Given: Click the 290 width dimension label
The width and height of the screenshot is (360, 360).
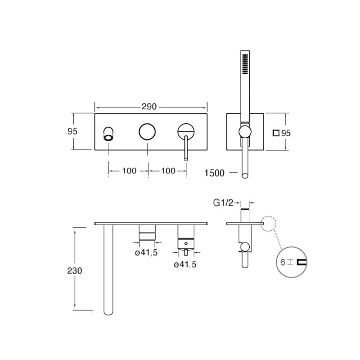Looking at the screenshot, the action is pyautogui.click(x=149, y=107).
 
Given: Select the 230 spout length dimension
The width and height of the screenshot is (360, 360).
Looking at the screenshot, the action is pyautogui.click(x=74, y=271).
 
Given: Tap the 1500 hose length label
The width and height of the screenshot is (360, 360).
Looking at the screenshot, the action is pyautogui.click(x=214, y=173).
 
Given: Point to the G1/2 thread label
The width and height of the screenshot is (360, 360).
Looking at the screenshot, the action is pyautogui.click(x=223, y=203).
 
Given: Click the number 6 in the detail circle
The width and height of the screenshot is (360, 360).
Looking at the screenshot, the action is pyautogui.click(x=283, y=262).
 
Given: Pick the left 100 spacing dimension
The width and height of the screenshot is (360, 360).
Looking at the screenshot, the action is pyautogui.click(x=129, y=171).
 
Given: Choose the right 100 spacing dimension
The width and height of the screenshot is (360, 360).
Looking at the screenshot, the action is pyautogui.click(x=168, y=171).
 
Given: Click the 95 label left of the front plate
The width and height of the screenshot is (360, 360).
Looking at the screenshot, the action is pyautogui.click(x=72, y=131).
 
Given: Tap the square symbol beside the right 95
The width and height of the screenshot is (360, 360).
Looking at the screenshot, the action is pyautogui.click(x=276, y=133).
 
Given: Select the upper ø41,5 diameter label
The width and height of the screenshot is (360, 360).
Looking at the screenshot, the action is pyautogui.click(x=146, y=252).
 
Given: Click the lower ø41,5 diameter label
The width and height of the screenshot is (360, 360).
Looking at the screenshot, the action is pyautogui.click(x=185, y=265).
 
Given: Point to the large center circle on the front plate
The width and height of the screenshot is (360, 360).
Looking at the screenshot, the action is pyautogui.click(x=147, y=131).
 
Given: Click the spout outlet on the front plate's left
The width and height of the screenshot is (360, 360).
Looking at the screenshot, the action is pyautogui.click(x=108, y=133).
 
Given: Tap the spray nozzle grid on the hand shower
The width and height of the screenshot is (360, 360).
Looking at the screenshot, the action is pyautogui.click(x=245, y=64).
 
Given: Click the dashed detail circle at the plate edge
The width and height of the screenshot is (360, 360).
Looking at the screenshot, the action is pyautogui.click(x=268, y=224).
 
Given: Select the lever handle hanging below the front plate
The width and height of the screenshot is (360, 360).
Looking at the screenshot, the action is pyautogui.click(x=186, y=148).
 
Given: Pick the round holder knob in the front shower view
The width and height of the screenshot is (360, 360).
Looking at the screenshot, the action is pyautogui.click(x=245, y=132).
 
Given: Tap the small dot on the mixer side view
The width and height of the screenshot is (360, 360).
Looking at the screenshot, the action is pyautogui.click(x=186, y=243).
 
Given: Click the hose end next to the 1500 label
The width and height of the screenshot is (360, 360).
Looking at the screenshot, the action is pyautogui.click(x=245, y=175).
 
